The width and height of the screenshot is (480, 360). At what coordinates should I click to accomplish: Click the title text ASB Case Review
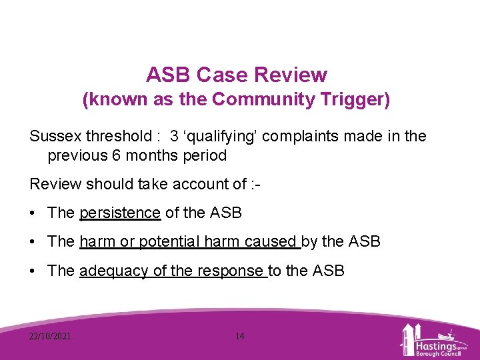(x=237, y=74)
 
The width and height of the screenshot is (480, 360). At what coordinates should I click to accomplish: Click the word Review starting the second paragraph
(x=55, y=185)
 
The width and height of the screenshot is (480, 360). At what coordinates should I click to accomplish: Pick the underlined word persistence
(x=120, y=213)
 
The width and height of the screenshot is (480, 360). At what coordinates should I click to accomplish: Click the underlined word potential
(x=169, y=242)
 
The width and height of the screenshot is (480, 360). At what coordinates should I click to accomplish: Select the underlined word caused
(x=274, y=242)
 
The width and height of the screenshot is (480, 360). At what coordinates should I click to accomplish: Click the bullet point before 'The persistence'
(x=33, y=213)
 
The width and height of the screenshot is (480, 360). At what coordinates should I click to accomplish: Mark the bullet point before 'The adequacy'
(x=33, y=271)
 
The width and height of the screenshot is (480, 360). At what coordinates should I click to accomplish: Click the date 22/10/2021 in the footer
(x=50, y=336)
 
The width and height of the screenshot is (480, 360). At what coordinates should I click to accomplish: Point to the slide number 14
(x=240, y=336)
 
